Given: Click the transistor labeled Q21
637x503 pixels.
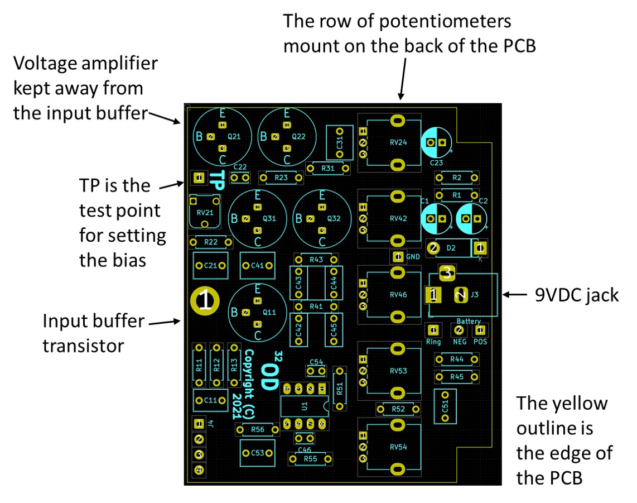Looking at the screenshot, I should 222,136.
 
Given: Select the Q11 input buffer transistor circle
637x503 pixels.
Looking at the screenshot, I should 257,312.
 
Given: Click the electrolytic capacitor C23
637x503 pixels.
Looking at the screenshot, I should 436,143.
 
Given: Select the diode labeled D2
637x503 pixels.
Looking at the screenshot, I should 452,247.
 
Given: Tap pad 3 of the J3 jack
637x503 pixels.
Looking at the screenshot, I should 446,273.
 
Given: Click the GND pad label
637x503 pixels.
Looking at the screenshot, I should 413,257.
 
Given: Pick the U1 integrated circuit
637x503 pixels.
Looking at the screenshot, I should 304,406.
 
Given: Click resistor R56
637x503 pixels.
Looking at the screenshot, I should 258,429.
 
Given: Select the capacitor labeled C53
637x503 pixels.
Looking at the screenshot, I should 257,453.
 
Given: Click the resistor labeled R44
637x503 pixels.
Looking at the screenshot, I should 457,359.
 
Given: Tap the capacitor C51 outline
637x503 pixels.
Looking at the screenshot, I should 445,406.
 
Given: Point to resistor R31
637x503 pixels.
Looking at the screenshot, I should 328,168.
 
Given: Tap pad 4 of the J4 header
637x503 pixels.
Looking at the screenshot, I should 199,470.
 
